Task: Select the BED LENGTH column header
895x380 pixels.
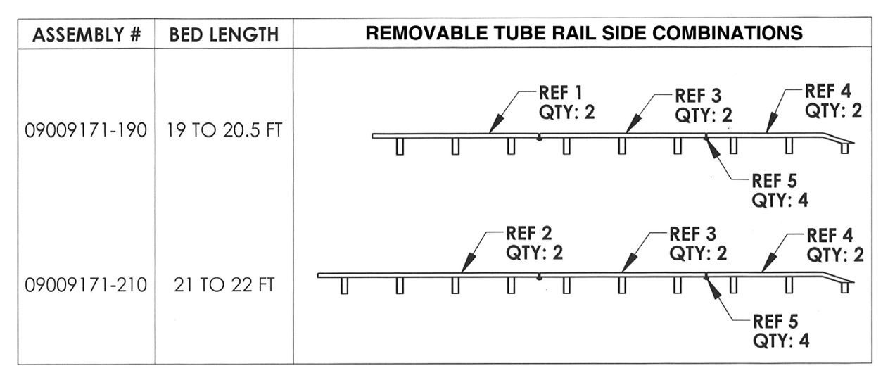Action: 224,34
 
